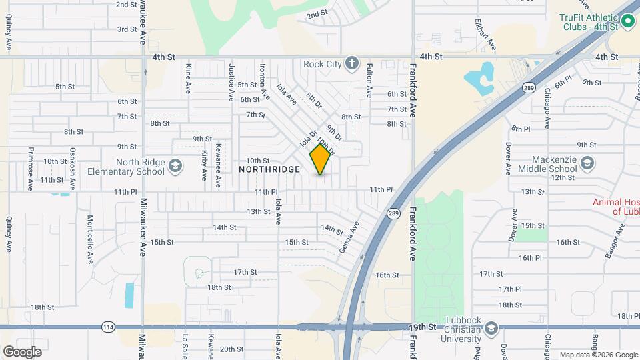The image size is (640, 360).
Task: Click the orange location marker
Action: [321, 159]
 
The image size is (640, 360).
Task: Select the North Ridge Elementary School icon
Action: [175, 166]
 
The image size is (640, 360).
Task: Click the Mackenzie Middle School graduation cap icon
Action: [587, 163]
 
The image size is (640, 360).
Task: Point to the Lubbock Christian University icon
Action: [491, 329]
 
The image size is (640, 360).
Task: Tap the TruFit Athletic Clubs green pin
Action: [627, 22]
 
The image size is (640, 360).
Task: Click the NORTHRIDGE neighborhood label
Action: [269, 170]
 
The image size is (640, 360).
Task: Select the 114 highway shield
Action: [108, 327]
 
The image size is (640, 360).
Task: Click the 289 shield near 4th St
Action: [529, 69]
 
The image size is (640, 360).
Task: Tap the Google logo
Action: [22, 351]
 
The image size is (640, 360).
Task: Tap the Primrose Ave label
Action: [30, 169]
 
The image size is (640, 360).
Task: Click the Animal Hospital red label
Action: [616, 207]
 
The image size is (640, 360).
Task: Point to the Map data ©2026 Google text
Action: [597, 355]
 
